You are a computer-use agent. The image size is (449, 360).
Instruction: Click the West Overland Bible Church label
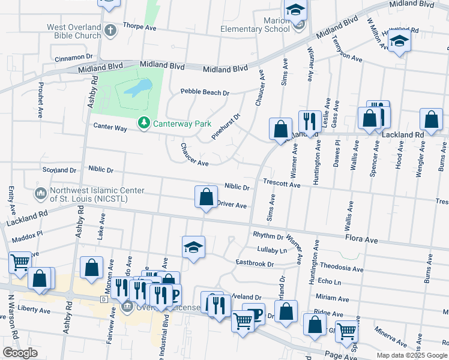74,31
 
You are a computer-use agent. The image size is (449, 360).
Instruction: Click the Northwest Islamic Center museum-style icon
41,194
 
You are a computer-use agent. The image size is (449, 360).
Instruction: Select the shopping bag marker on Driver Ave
206,197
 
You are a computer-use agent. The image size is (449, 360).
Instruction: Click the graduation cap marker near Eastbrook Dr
193,247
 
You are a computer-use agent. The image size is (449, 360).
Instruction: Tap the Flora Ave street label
361,239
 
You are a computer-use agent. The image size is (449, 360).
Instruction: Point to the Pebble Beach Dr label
205,93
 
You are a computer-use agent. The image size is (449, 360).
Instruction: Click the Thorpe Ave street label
139,26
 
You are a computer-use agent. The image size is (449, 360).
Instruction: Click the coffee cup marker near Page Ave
253,314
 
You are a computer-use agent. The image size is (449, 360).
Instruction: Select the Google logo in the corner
20,353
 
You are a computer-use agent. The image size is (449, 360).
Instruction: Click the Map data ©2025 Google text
411,355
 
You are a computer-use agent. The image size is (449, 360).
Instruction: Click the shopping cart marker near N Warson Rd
20,262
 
